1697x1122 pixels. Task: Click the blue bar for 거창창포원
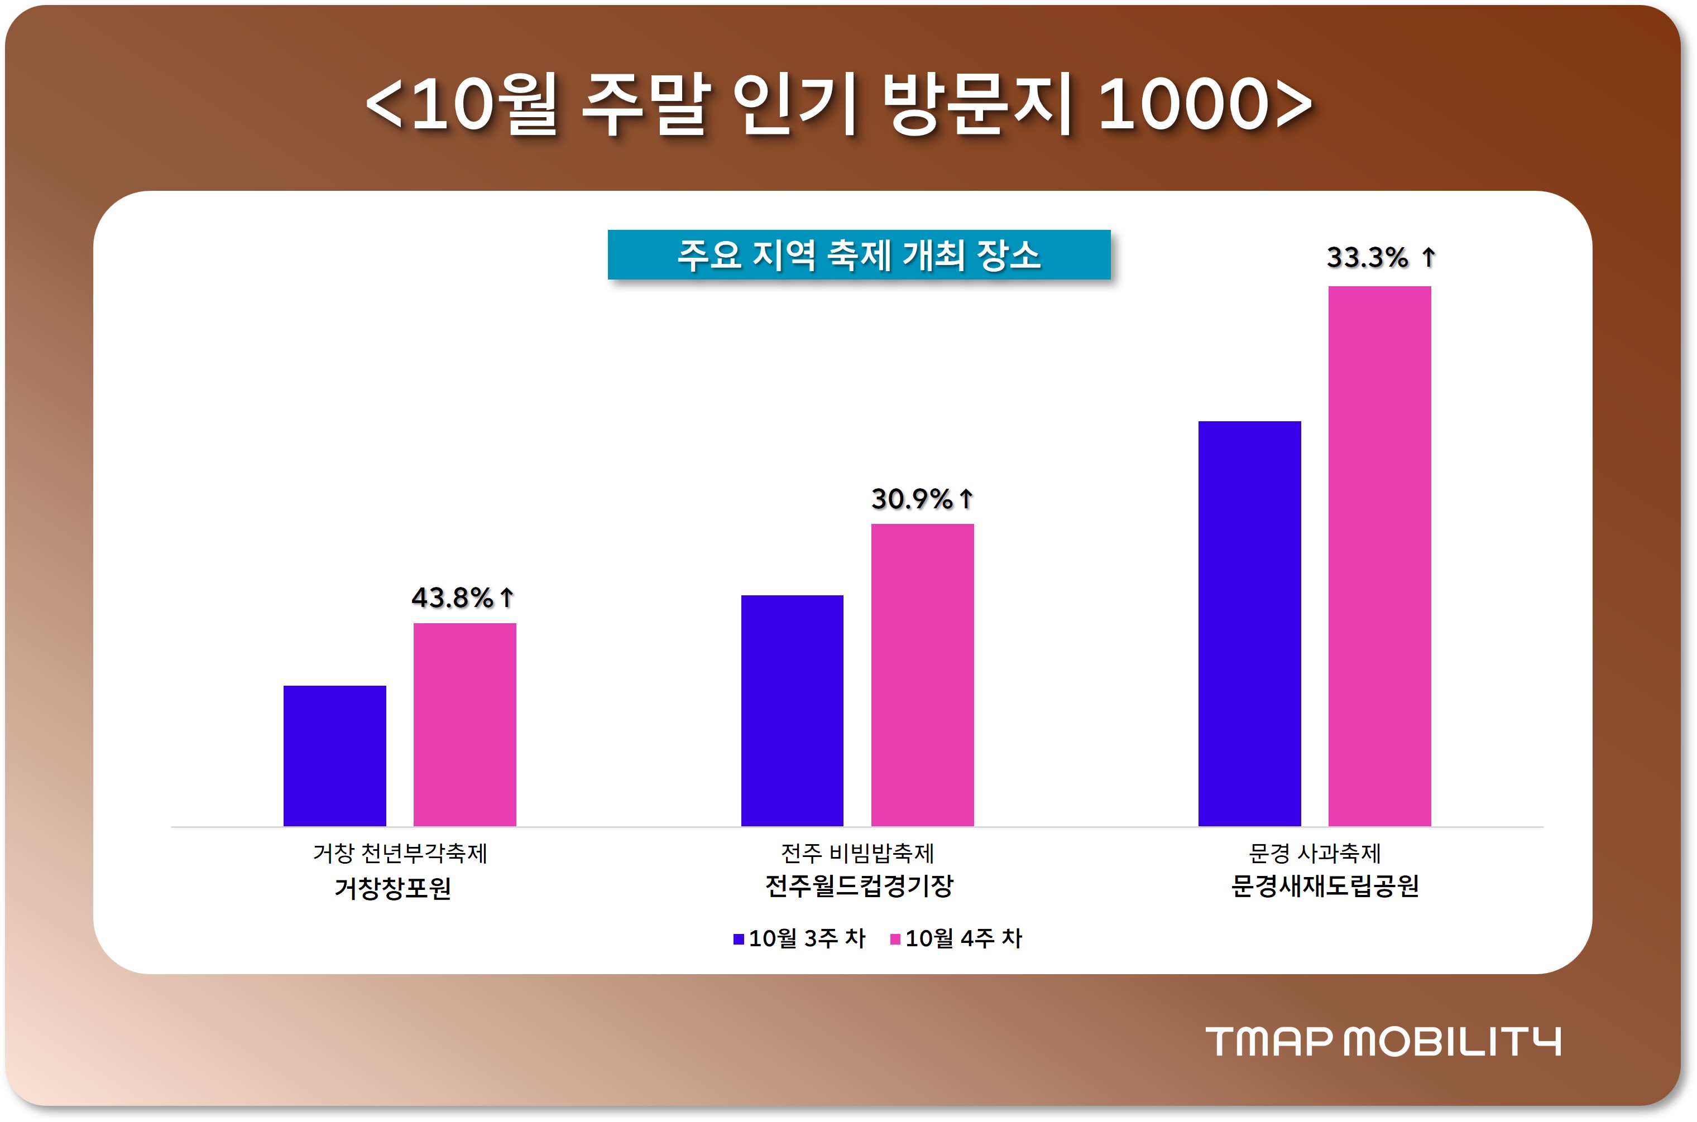[x=334, y=755]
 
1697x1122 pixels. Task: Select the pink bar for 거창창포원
[x=464, y=724]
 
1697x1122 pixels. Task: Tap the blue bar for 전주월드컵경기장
[x=792, y=711]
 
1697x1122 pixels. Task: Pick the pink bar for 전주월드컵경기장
[x=922, y=675]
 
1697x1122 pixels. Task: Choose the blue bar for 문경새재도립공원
[x=1249, y=623]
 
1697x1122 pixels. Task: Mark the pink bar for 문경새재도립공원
[x=1379, y=556]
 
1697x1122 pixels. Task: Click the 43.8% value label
[x=452, y=598]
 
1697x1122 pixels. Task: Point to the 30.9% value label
[x=911, y=499]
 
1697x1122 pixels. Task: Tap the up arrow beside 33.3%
[x=1428, y=257]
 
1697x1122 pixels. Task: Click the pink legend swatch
[x=895, y=939]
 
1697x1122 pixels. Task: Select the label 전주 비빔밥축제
[x=857, y=853]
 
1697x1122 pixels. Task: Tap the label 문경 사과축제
[x=1314, y=853]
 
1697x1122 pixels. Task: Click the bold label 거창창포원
[x=392, y=888]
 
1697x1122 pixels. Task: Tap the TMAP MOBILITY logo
[x=1383, y=1041]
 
